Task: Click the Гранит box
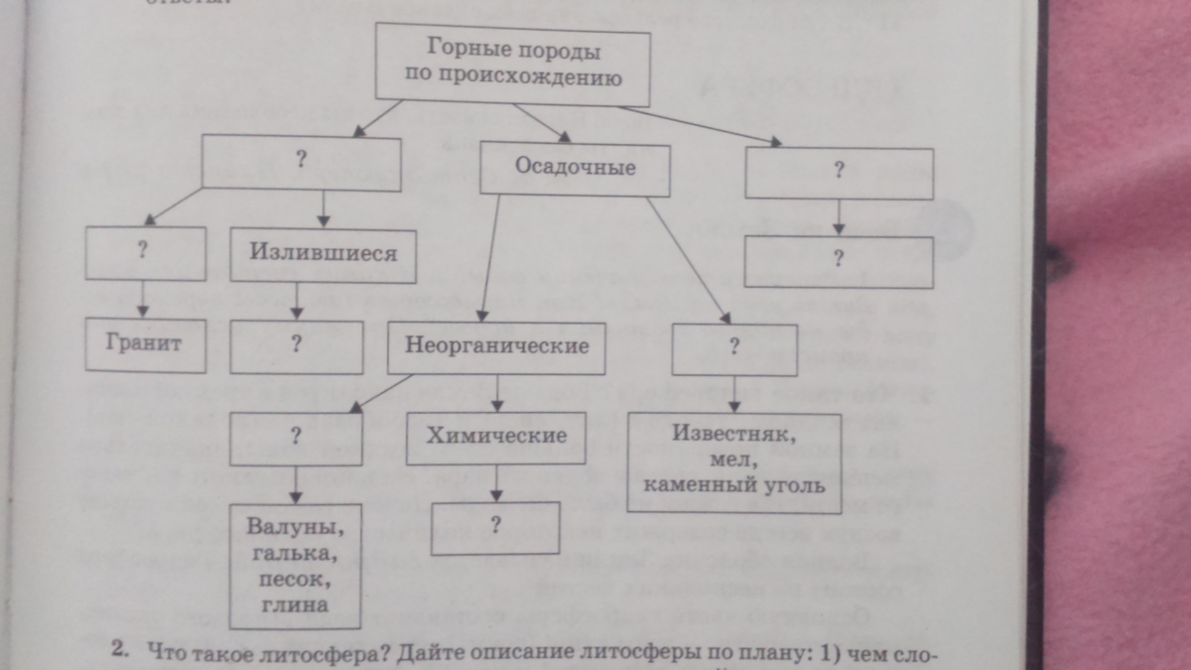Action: [x=143, y=343]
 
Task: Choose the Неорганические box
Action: [x=496, y=346]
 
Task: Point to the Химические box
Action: [x=496, y=436]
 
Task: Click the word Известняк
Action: [x=734, y=435]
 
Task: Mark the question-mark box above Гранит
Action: [x=145, y=252]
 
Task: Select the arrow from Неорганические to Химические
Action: [x=497, y=395]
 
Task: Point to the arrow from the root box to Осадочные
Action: [x=541, y=122]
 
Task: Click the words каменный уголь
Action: [x=734, y=487]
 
